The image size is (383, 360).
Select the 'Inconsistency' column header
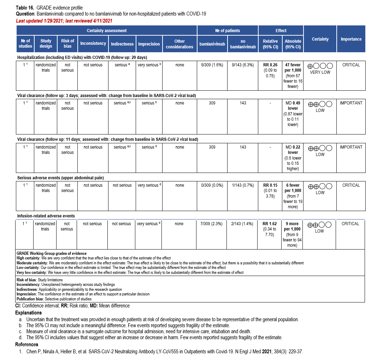[93, 43]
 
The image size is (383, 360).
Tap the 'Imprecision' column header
[149, 44]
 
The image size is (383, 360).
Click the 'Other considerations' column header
[179, 44]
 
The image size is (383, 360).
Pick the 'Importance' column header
[351, 39]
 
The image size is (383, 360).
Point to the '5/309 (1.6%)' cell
[211, 65]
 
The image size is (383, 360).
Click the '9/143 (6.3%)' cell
[243, 65]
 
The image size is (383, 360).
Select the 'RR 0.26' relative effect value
[270, 65]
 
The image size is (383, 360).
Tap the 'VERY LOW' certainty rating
[320, 72]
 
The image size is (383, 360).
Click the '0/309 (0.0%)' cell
[211, 185]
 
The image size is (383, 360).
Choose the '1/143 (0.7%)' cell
[243, 185]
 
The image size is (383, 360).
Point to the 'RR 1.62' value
[270, 224]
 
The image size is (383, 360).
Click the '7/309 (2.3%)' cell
[211, 224]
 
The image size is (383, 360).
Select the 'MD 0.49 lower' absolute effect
[293, 106]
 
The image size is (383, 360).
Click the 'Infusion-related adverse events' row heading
[46, 216]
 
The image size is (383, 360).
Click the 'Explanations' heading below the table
[28, 313]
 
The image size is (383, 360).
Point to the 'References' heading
[27, 344]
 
